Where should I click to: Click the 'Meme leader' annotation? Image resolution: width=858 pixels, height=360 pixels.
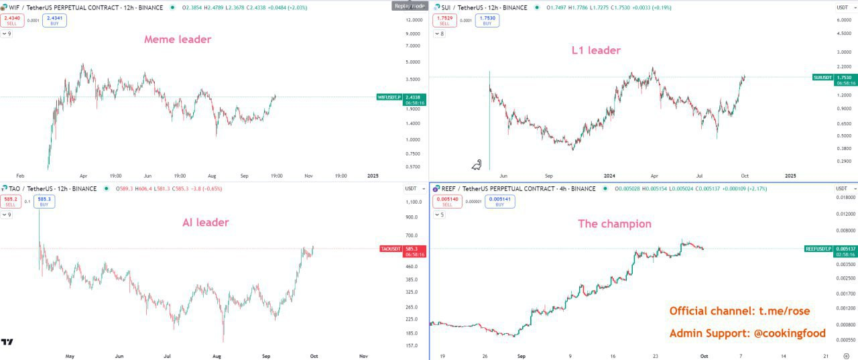[x=178, y=40]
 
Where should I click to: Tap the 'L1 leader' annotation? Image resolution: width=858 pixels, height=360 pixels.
[x=595, y=50]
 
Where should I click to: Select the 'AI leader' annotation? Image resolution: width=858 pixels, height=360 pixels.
[x=206, y=223]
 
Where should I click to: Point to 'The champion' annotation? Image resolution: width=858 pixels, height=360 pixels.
[x=615, y=224]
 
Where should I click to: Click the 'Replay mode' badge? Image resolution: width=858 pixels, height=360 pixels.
[x=408, y=6]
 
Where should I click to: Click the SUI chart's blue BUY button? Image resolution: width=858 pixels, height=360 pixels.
[x=487, y=20]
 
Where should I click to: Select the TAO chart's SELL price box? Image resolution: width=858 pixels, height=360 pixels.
[x=11, y=201]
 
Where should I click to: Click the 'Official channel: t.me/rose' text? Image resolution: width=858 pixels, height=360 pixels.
[x=739, y=311]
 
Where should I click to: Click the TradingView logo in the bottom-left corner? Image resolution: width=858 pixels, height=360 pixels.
[x=7, y=342]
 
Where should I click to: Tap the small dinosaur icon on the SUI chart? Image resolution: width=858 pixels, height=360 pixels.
[x=477, y=164]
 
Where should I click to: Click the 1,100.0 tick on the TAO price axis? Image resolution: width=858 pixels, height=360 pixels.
[x=414, y=202]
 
